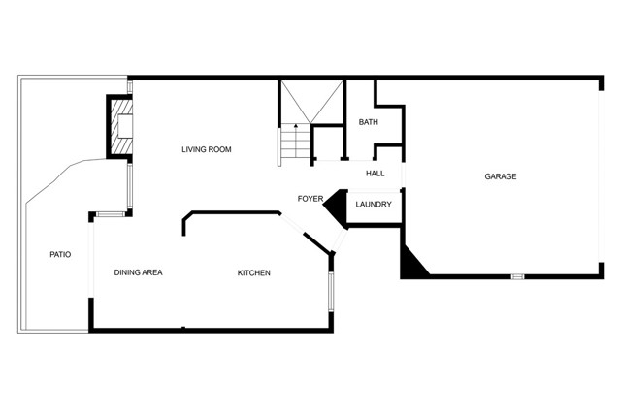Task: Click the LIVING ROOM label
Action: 207,149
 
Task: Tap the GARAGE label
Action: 501,176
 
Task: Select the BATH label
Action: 369,122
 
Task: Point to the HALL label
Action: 376,174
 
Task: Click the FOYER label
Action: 310,199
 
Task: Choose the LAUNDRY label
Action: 374,205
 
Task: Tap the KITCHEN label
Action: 254,273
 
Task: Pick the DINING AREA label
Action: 138,272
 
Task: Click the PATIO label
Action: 60,254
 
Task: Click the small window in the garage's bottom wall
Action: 517,276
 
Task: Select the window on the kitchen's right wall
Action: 331,291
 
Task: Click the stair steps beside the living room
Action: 294,143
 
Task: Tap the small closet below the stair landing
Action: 328,143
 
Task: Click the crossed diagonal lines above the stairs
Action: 311,102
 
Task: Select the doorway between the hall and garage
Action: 403,175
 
